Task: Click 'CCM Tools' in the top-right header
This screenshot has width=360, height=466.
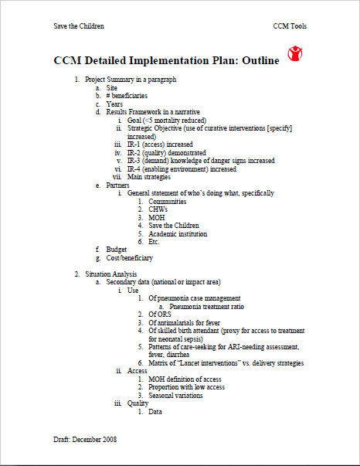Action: click(290, 26)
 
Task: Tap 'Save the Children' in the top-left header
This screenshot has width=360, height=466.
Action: click(79, 26)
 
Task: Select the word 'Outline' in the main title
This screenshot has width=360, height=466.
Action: click(256, 61)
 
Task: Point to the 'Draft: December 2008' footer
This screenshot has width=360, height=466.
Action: click(87, 438)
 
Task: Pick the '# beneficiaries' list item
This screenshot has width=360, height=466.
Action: click(127, 96)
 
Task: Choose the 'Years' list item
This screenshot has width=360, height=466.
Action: click(114, 104)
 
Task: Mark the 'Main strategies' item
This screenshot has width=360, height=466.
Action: click(149, 176)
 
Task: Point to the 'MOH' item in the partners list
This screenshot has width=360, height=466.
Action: click(156, 217)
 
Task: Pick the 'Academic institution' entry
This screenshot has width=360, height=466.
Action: click(176, 233)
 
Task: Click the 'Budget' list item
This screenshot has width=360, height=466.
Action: click(116, 250)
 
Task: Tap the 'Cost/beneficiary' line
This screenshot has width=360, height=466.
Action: click(129, 257)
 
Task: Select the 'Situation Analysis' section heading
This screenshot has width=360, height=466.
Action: click(111, 274)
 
